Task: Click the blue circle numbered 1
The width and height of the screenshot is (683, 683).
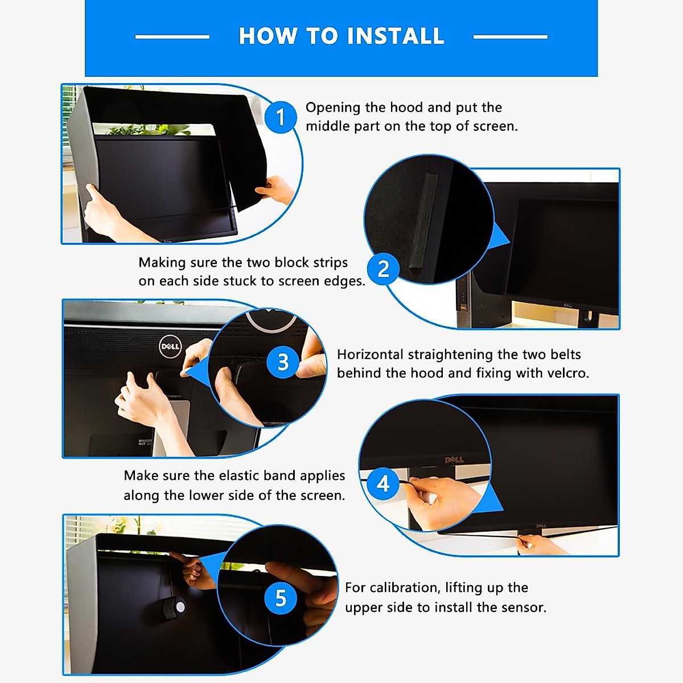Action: pos(280,117)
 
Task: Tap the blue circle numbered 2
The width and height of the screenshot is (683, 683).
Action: pos(384,268)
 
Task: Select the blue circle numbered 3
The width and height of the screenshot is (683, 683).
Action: pos(283,362)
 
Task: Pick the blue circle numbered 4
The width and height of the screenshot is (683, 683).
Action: pos(384,484)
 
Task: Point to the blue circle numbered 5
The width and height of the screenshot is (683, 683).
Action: pos(281,598)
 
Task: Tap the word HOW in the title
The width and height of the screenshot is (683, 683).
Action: pos(269,36)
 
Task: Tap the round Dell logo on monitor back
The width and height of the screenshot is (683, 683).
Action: pos(170,346)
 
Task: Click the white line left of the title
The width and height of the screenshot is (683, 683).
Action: pos(172,36)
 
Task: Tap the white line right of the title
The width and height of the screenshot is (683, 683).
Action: pos(510,36)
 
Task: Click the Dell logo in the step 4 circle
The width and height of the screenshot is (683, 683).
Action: pos(454,460)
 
